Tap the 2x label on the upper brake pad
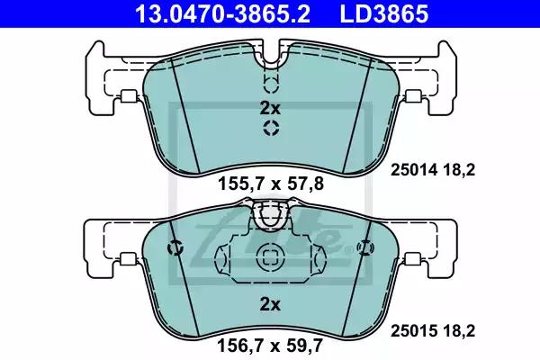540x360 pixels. click(x=269, y=108)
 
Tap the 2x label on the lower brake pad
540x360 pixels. click(x=269, y=304)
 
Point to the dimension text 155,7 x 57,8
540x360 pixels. click(x=269, y=184)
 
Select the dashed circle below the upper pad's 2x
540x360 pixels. click(x=269, y=129)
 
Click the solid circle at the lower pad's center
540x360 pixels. click(x=269, y=256)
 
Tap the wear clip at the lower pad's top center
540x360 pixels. click(x=269, y=215)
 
